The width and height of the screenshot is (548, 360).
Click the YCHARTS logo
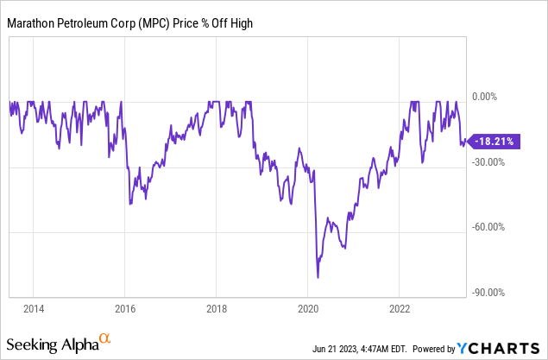(x=500, y=348)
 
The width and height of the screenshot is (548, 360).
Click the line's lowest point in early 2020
(x=318, y=277)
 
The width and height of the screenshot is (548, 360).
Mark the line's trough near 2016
(x=129, y=204)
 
